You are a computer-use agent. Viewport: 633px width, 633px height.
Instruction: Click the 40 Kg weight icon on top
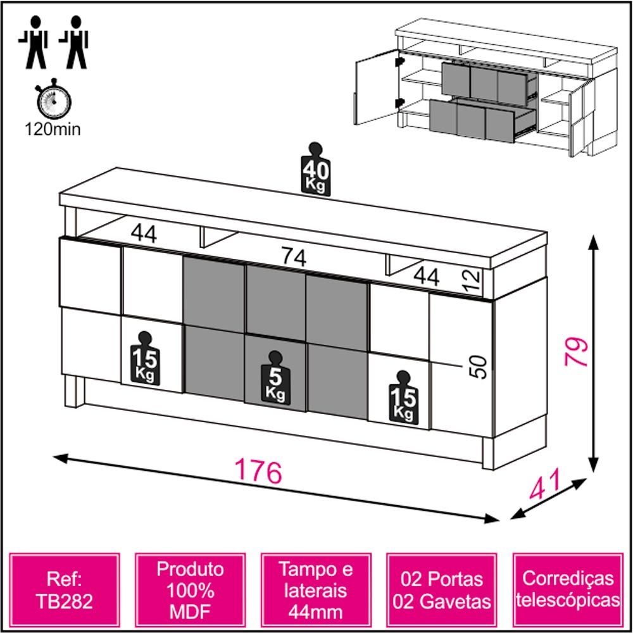[316, 169]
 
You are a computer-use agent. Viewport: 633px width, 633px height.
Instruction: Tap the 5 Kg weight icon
[276, 378]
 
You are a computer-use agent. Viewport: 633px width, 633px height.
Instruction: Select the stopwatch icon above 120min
[54, 99]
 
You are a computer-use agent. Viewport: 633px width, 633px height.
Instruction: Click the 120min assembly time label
[53, 129]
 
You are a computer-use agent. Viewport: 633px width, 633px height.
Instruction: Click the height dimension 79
[577, 351]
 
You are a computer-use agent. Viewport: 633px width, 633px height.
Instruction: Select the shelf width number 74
[294, 257]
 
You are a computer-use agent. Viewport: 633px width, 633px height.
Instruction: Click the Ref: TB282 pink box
[65, 590]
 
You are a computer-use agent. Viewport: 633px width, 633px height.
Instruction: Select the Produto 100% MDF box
[190, 590]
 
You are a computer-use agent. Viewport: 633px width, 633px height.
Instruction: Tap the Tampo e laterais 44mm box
[316, 590]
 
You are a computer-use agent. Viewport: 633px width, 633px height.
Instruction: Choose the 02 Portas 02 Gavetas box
[442, 590]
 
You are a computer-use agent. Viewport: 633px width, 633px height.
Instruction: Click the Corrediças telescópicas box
[568, 590]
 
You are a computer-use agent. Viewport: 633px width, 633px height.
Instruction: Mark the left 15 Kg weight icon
[145, 358]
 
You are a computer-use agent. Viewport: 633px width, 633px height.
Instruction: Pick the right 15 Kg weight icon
[404, 398]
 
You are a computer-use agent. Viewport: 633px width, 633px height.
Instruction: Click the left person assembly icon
[34, 42]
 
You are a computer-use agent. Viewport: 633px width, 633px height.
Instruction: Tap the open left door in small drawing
[377, 87]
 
